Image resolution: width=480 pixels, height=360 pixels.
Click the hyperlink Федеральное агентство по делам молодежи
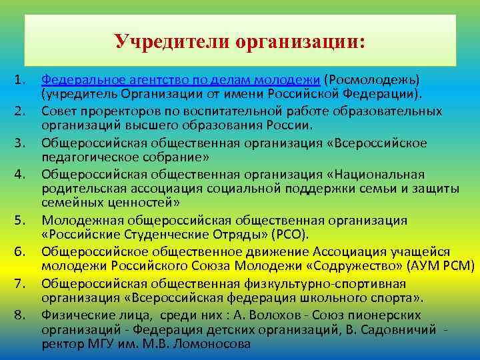tap(181, 80)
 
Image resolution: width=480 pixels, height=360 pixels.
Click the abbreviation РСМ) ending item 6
tap(459, 267)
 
